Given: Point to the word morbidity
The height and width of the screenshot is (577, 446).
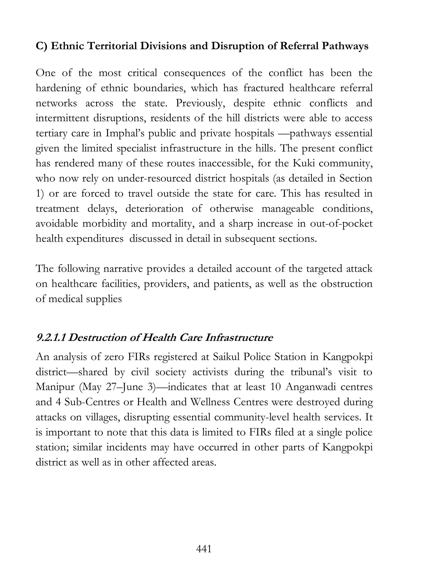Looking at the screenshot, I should tap(104, 224).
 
